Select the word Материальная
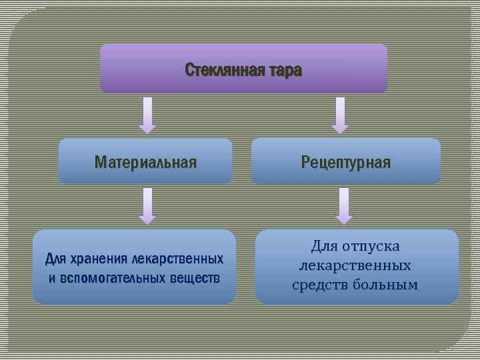tap(145, 162)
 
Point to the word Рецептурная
tap(346, 162)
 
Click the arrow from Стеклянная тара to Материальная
tap(147, 115)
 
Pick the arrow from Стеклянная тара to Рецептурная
tap(340, 115)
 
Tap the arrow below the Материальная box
tap(147, 205)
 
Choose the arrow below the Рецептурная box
tap(344, 205)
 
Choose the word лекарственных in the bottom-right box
tap(355, 266)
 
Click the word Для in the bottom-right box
tap(324, 247)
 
